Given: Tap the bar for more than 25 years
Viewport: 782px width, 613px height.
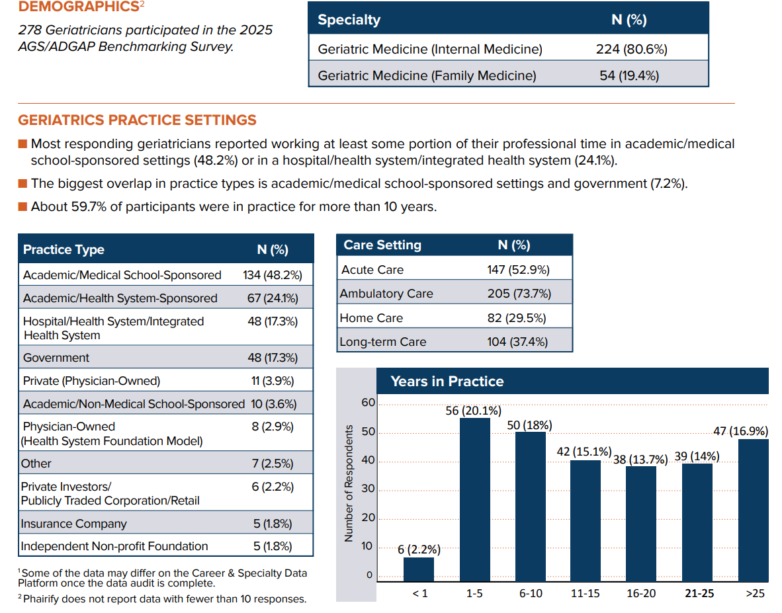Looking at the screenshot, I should (753, 509).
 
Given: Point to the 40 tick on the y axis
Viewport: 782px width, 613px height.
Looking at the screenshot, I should (367, 461).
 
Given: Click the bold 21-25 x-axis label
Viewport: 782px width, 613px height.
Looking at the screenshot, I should (699, 593).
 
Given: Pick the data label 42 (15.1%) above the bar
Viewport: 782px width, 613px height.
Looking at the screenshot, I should (584, 452).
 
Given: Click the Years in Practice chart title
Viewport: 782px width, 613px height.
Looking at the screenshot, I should (447, 382).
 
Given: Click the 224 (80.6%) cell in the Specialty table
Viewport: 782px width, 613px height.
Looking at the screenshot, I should (631, 49).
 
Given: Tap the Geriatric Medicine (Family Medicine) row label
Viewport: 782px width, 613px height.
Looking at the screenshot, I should (427, 75).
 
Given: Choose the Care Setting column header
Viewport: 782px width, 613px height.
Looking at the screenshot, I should (382, 245).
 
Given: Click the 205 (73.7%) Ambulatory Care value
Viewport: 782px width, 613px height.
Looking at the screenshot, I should (519, 294).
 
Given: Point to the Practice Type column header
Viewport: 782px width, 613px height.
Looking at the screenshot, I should (64, 249).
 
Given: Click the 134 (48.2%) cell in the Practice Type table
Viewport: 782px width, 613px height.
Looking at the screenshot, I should (272, 275).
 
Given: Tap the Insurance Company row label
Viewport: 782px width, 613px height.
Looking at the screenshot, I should (73, 524).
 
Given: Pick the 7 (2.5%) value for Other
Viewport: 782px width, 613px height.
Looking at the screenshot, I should (272, 463).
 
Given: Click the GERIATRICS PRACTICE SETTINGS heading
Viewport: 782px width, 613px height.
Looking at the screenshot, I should (137, 120).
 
